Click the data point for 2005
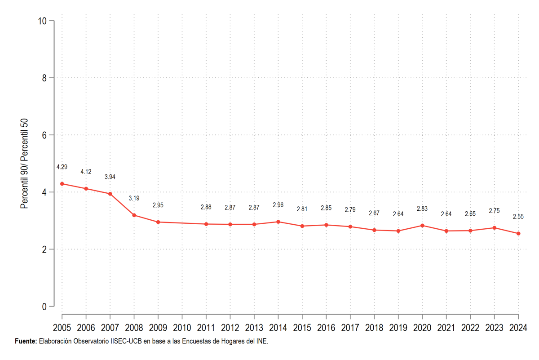[x=62, y=184]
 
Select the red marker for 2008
[x=134, y=215]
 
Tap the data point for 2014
[x=278, y=222]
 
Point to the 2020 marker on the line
[x=422, y=226]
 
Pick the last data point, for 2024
[x=518, y=234]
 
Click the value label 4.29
[x=62, y=167]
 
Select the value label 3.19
[x=134, y=198]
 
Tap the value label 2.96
[x=278, y=205]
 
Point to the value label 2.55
[x=518, y=217]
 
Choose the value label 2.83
[x=422, y=209]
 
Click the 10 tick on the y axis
[x=42, y=21]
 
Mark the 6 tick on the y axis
[x=44, y=135]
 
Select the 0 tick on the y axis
[x=44, y=307]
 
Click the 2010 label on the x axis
[x=182, y=328]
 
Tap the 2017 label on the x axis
[x=350, y=328]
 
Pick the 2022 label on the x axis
[x=470, y=328]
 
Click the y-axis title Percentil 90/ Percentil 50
[x=24, y=164]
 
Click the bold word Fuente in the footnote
[x=26, y=341]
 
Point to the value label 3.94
[x=110, y=177]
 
